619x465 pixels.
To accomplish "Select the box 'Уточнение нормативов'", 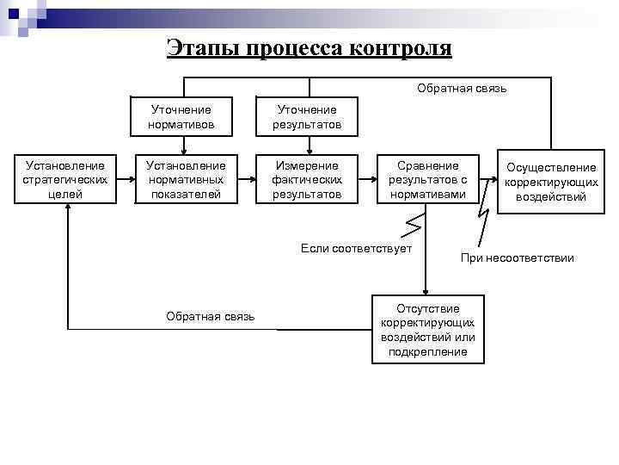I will point(181,117).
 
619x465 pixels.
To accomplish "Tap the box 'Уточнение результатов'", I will point(307,117).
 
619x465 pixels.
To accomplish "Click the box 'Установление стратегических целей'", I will point(65,180).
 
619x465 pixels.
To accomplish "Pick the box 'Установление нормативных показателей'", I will point(185,180).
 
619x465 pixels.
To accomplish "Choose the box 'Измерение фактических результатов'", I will point(307,180).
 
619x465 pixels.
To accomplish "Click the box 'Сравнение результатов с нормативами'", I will point(427,180).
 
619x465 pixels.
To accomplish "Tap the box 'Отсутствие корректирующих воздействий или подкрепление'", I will point(427,330).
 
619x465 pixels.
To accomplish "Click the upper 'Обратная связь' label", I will point(462,88).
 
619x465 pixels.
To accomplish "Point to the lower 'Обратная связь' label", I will point(210,316).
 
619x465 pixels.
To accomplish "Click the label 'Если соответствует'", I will point(357,249).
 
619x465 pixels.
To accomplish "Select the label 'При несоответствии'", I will point(517,257).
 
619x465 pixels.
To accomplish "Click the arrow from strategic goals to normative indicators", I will point(126,181).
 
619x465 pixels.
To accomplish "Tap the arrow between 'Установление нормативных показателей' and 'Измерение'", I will point(246,181).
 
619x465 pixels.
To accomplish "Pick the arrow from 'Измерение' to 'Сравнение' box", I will point(368,181).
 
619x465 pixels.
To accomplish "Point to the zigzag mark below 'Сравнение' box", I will point(414,224).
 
